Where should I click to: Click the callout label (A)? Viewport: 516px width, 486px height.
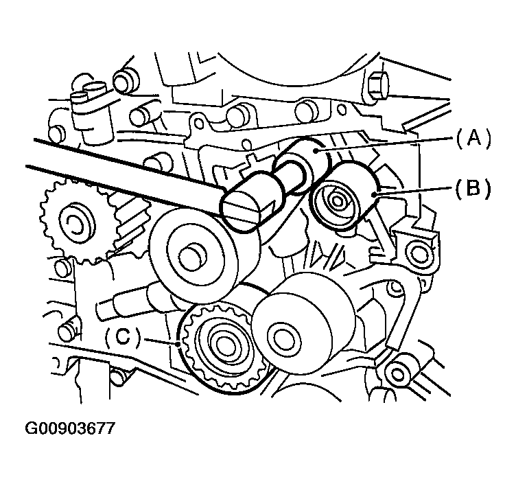473,138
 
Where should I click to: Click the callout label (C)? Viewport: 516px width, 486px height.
123,337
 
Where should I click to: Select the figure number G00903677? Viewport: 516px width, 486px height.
70,428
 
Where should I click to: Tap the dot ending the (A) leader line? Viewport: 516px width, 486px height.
315,151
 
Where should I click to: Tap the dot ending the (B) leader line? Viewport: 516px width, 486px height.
373,194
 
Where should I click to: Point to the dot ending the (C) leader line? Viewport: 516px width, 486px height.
178,345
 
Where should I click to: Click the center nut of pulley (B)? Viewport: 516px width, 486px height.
336,201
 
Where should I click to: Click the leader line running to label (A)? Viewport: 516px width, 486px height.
385,145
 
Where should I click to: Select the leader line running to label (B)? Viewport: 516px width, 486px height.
414,192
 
